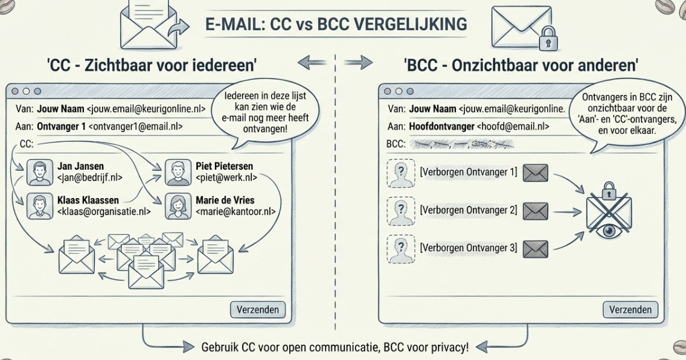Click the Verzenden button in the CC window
[x=258, y=310]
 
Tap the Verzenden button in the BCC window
[x=630, y=310]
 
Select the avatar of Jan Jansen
[x=37, y=172]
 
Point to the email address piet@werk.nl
[x=226, y=178]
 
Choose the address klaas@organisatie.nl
[x=103, y=211]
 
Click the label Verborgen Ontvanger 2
[x=468, y=210]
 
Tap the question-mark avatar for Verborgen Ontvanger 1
[x=398, y=173]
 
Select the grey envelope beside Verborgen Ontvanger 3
[x=535, y=248]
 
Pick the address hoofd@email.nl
[x=513, y=126]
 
